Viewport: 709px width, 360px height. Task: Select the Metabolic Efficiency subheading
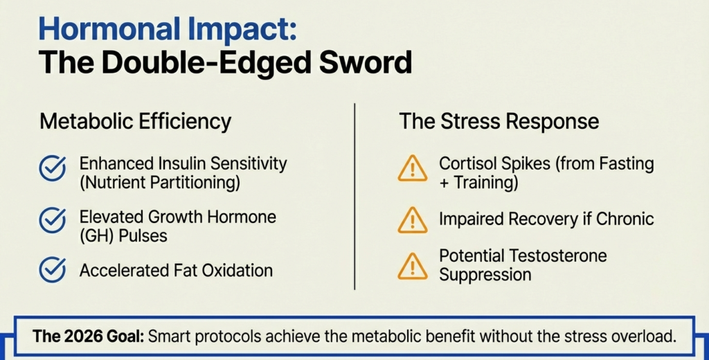click(136, 121)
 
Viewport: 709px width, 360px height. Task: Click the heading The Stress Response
click(499, 121)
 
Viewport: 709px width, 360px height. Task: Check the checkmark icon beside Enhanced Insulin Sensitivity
click(53, 168)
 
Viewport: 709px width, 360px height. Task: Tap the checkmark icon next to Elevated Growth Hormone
click(53, 221)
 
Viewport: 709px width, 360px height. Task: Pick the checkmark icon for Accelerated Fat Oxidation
click(53, 270)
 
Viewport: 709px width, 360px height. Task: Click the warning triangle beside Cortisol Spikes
click(413, 168)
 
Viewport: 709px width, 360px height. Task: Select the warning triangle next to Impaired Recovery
click(413, 219)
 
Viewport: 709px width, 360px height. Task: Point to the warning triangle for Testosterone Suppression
click(413, 265)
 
